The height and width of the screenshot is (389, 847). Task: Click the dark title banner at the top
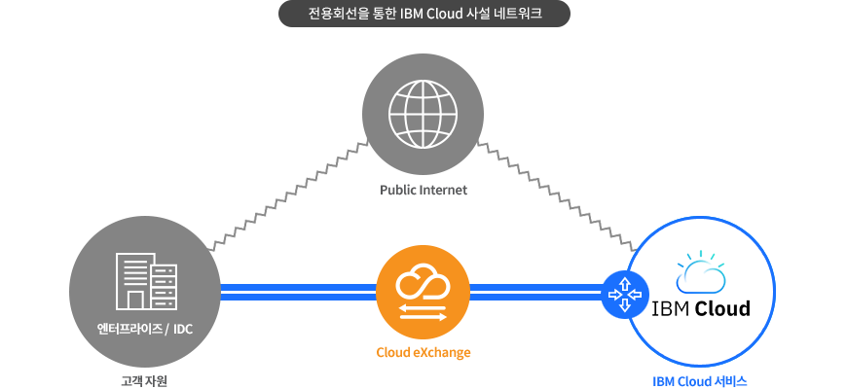pos(424,14)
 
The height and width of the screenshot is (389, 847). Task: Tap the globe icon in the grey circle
pos(423,114)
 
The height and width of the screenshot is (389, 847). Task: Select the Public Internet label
pos(423,190)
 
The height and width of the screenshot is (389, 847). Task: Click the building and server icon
pos(146,281)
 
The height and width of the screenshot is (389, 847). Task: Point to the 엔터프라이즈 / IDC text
pos(145,329)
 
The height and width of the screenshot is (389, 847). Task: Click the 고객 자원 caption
pos(144,381)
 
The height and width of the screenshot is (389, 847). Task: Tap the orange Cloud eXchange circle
pos(423,294)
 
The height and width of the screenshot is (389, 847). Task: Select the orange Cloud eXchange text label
pos(423,353)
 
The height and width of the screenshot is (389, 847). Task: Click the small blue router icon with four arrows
pos(625,295)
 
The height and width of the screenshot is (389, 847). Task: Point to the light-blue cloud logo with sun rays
pos(701,272)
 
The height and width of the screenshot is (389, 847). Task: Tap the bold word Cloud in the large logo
pos(722,308)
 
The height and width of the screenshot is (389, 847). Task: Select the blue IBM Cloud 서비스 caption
pos(700,381)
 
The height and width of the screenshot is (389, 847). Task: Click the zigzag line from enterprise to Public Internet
pos(288,195)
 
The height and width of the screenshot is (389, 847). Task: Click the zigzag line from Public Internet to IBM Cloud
pos(558,196)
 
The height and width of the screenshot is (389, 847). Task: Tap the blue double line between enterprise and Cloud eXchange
pos(298,293)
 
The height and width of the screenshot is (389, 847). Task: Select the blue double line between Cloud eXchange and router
pos(535,293)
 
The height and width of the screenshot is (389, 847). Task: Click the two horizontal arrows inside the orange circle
pos(423,312)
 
